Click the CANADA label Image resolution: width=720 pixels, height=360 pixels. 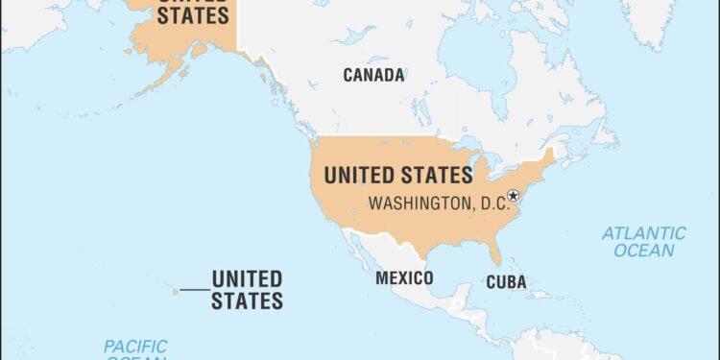point(373,75)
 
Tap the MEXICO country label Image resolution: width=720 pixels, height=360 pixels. point(404,278)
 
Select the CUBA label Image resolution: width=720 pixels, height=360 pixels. point(506,282)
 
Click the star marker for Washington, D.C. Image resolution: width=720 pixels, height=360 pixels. point(514,196)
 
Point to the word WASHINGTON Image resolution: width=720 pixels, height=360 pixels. point(415,204)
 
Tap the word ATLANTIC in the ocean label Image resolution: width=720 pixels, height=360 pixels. point(644,233)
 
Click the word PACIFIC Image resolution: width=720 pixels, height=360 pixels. point(135,346)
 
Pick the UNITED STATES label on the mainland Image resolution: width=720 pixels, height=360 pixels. point(397,176)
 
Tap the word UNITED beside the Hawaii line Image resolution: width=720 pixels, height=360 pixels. point(247,279)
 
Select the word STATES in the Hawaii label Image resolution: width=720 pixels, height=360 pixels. point(247,300)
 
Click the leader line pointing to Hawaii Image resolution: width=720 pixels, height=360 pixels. point(194,289)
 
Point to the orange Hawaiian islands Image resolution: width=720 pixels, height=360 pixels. point(176,291)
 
